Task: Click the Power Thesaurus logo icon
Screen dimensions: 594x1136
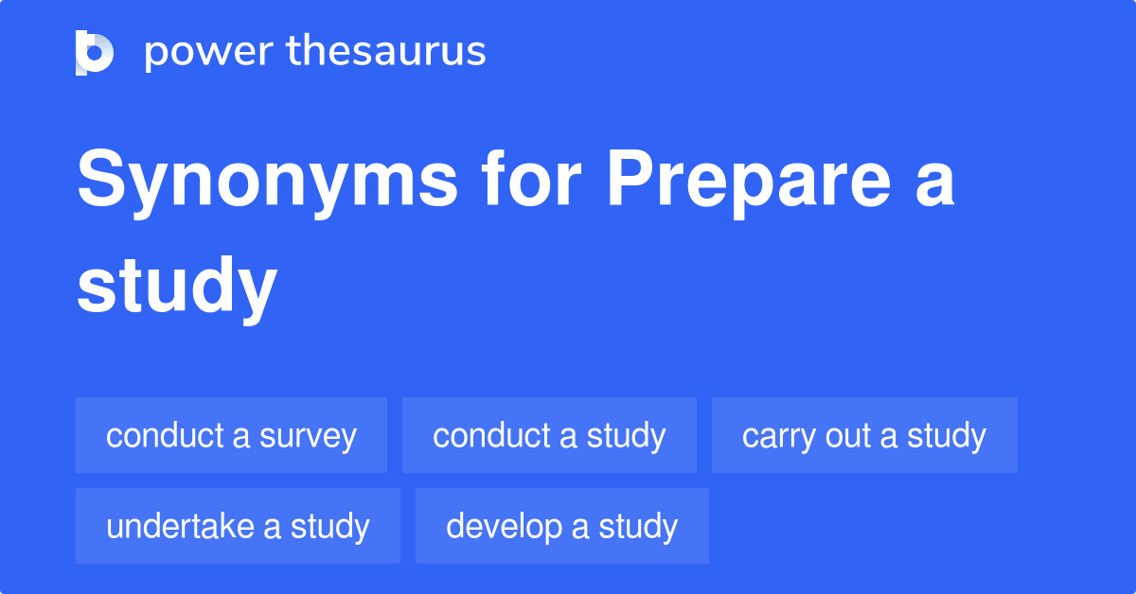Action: click(94, 52)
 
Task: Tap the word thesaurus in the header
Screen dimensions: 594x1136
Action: click(385, 52)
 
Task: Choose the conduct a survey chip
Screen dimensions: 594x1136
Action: click(231, 435)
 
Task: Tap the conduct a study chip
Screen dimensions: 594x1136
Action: click(549, 435)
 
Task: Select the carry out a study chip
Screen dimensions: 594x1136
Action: click(864, 435)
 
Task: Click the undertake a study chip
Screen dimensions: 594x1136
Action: click(238, 526)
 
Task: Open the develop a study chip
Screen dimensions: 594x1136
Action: click(561, 526)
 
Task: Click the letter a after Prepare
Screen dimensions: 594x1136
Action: click(932, 184)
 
